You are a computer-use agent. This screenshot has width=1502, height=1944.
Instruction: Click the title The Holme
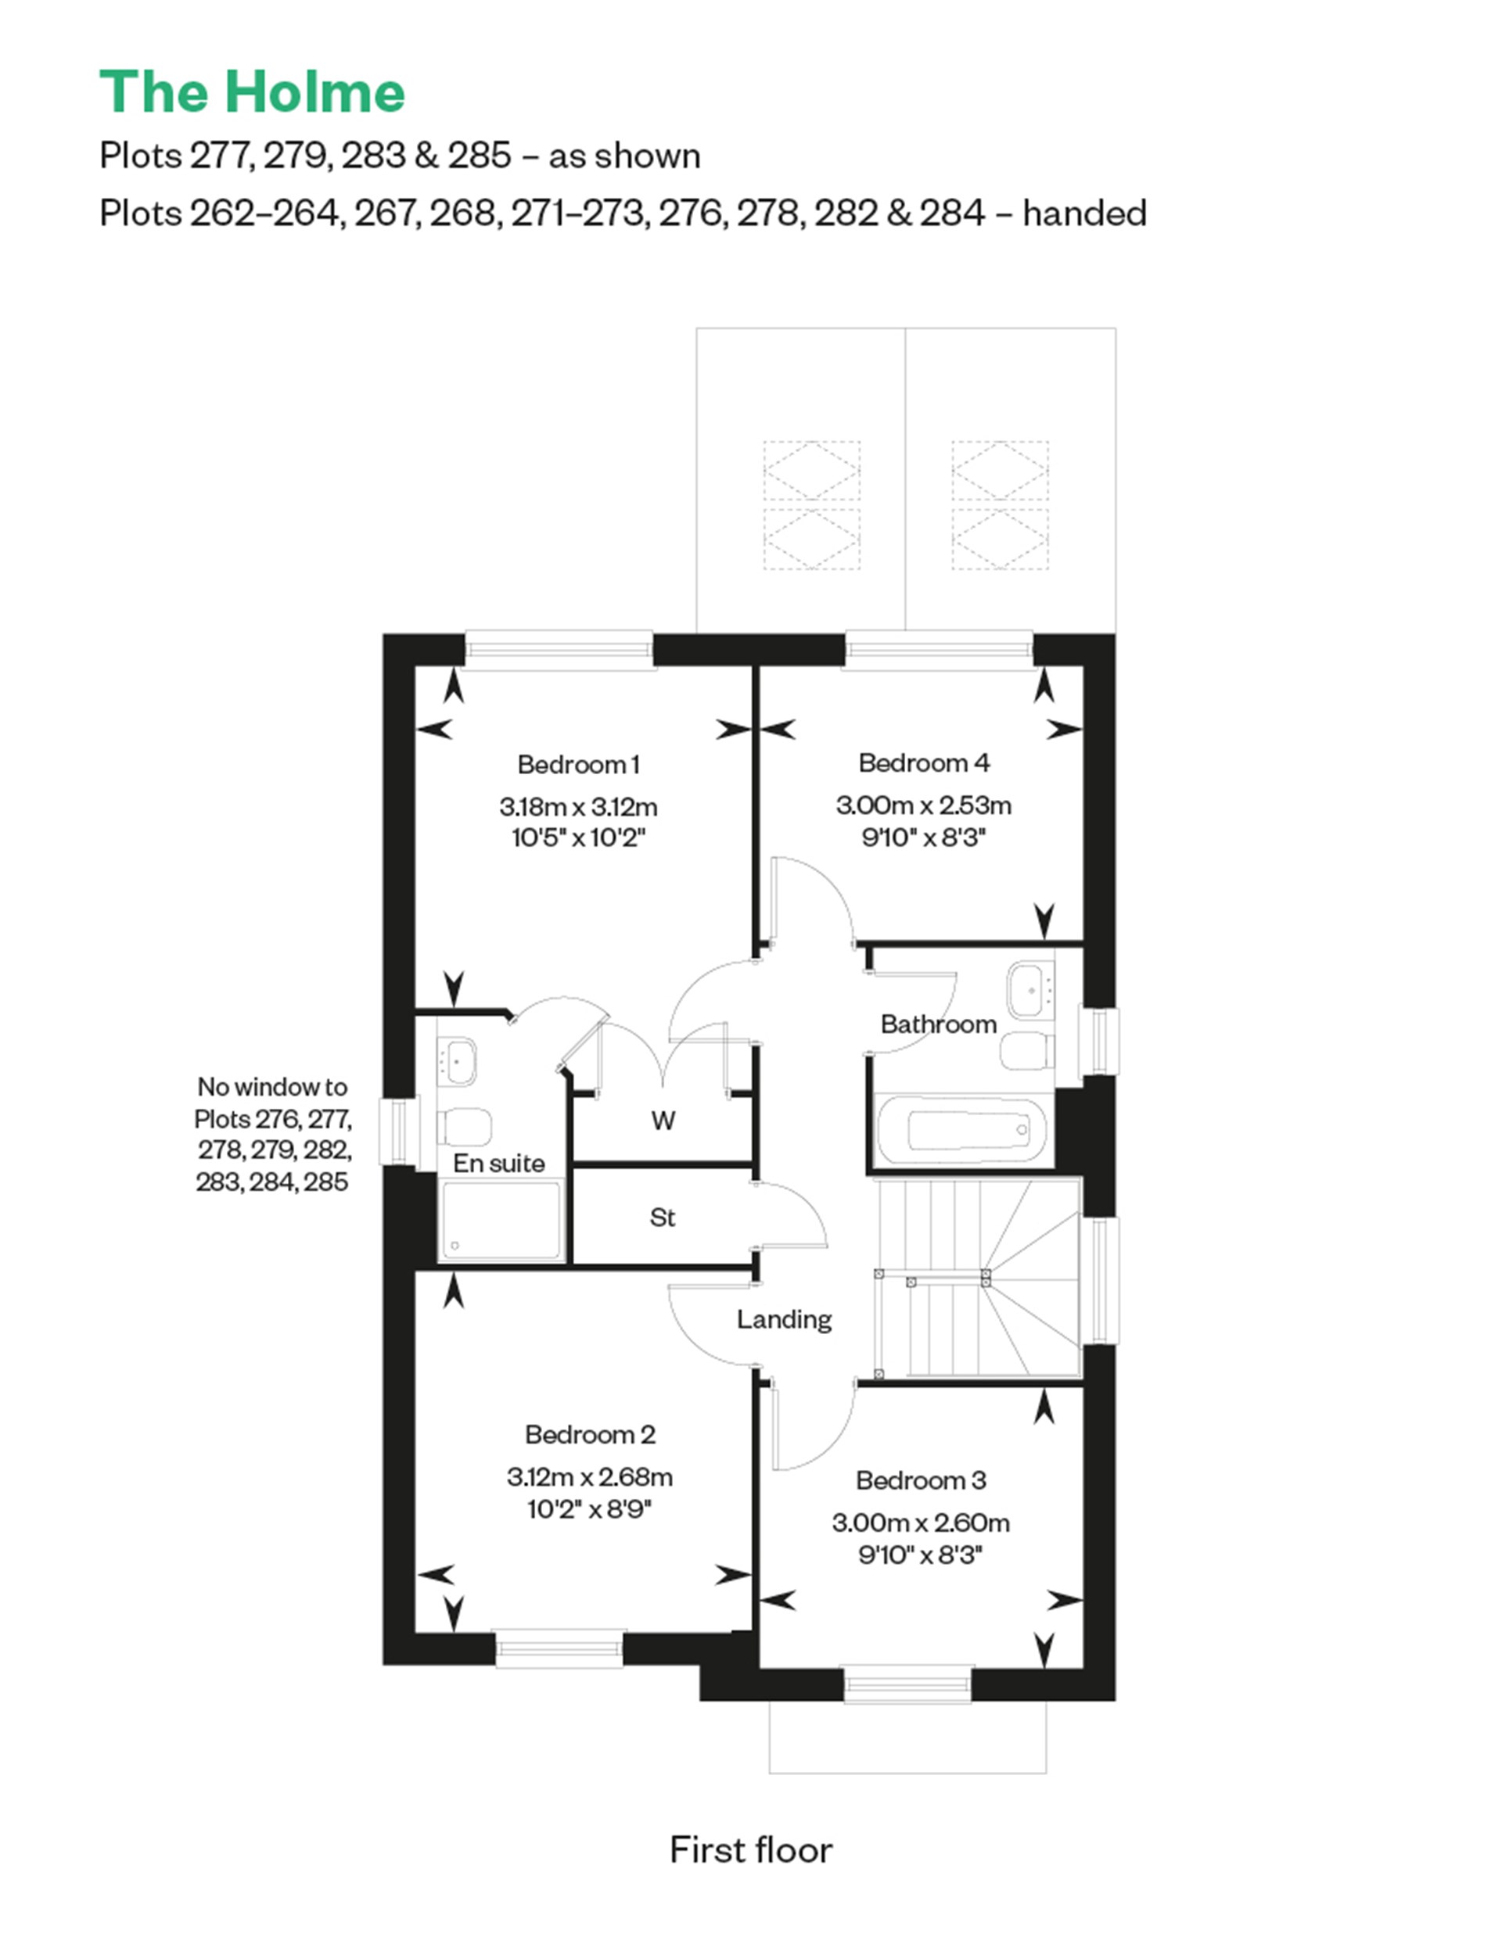coord(252,91)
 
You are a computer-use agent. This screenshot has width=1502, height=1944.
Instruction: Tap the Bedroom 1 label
coord(578,765)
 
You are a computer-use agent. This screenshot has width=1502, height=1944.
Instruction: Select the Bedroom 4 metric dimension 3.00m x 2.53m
coord(923,805)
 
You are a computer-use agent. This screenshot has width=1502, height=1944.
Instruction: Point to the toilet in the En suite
coord(465,1127)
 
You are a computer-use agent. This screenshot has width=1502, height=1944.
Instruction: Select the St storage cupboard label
coord(662,1217)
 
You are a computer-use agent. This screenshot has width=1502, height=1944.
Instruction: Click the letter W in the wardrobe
coord(663,1121)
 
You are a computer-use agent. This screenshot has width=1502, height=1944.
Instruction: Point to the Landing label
coord(784,1319)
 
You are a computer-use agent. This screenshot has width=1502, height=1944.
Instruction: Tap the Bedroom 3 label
coord(921,1480)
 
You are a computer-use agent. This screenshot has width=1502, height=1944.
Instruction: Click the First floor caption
coord(750,1849)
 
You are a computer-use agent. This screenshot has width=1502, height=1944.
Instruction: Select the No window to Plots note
coord(272,1134)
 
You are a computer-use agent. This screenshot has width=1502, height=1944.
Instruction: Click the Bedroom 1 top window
coord(559,650)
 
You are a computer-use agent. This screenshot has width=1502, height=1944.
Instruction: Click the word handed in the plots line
coord(1083,213)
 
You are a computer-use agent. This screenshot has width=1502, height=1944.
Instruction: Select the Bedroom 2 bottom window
coord(559,1647)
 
